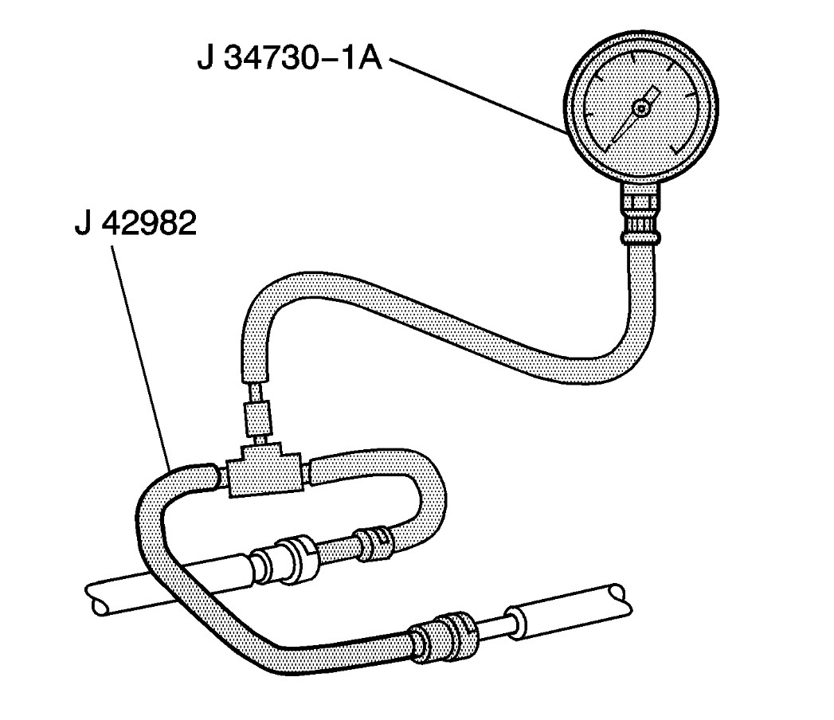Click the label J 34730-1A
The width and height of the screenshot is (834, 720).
coord(290,58)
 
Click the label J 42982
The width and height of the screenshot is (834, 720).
coord(135,223)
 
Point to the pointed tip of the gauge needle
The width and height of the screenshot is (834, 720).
coord(613,143)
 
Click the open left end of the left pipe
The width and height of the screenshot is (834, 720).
coord(94,599)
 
